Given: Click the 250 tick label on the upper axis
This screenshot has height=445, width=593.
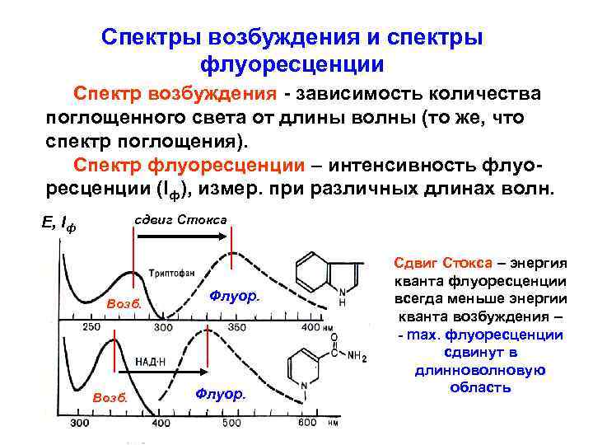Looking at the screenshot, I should click(x=91, y=328).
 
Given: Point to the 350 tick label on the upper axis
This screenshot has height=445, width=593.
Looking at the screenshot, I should click(x=236, y=328).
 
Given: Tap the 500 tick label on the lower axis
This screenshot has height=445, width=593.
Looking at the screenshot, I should click(x=231, y=424).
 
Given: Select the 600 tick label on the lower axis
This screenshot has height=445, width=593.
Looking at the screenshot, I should click(x=306, y=424).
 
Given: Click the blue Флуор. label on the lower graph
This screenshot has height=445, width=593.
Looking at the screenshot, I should click(x=221, y=394).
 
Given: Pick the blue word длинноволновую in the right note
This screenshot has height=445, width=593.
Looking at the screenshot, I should click(x=481, y=371).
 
